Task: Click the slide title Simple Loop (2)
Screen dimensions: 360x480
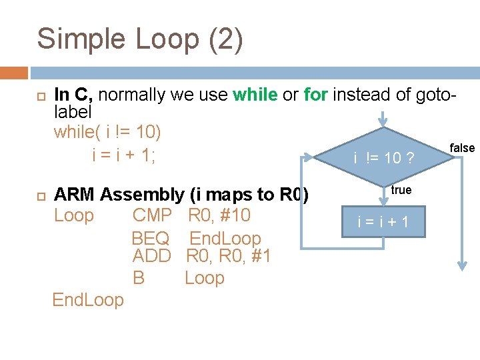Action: click(140, 39)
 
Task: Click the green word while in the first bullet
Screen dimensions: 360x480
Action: click(255, 95)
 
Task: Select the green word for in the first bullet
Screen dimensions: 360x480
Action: click(315, 95)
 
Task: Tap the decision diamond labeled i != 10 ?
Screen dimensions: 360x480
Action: click(383, 157)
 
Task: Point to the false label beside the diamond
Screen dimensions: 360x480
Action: click(462, 148)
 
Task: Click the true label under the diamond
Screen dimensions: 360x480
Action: click(401, 191)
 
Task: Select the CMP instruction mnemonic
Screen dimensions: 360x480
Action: click(152, 215)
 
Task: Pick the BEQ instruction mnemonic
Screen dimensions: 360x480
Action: click(151, 238)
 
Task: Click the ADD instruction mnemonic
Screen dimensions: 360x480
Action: click(152, 256)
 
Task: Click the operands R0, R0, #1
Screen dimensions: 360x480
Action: click(228, 256)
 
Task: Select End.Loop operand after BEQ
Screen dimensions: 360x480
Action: click(225, 238)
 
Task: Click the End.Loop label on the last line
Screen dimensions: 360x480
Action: click(88, 300)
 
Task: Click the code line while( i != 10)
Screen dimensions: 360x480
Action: click(107, 132)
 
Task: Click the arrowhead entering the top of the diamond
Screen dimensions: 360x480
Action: click(383, 122)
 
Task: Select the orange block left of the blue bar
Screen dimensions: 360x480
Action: click(14, 72)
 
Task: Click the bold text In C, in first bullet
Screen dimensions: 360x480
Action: click(75, 95)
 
